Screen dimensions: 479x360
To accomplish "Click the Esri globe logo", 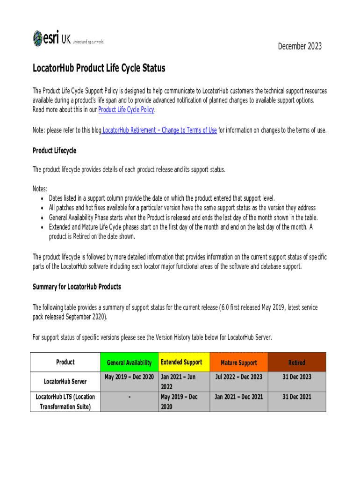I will click(38, 38).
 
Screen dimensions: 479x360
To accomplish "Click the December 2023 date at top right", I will click(300, 46).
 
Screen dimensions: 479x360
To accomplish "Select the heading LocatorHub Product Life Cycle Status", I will click(99, 69).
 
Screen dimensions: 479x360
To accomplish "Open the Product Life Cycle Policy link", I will click(126, 110).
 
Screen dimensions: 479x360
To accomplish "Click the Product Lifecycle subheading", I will click(54, 151).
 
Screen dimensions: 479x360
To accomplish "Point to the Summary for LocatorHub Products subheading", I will click(77, 286).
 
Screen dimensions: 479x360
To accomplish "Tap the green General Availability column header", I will click(129, 363).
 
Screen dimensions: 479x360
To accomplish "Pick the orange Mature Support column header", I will click(238, 363).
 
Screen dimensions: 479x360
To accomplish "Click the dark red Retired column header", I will click(296, 363).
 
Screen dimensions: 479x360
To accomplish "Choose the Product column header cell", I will click(65, 362).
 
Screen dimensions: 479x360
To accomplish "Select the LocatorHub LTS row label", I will click(65, 401).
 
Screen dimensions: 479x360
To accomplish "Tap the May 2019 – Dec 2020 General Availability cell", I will click(129, 377).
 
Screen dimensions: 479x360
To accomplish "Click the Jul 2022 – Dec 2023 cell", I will click(238, 377).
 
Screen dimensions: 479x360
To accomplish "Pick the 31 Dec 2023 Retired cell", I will click(296, 377).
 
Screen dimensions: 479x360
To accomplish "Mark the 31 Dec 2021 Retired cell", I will click(296, 397).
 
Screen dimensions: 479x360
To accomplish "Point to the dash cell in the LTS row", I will click(129, 397).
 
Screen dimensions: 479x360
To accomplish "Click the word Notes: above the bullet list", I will click(40, 189).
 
